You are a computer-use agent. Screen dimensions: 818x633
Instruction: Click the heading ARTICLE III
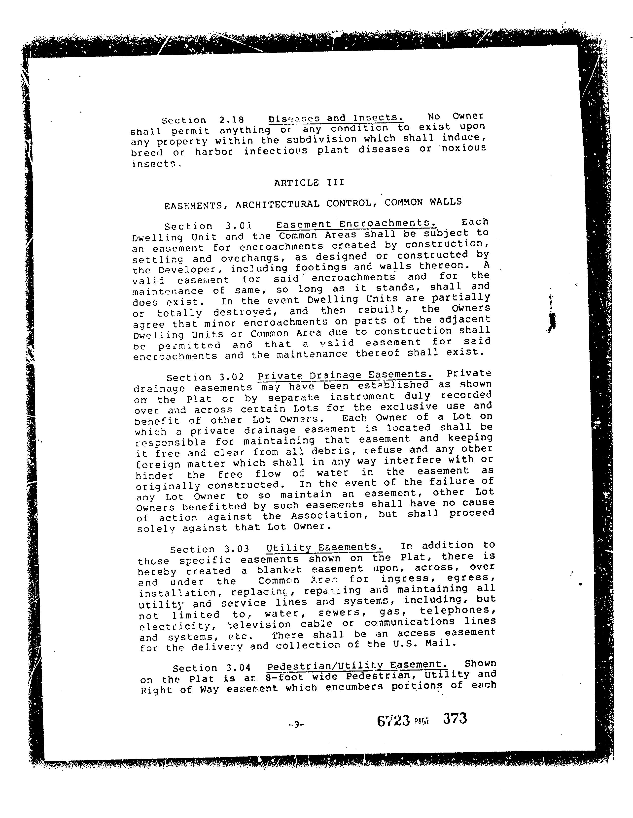[309, 183]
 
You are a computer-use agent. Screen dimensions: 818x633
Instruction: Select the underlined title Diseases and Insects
[336, 118]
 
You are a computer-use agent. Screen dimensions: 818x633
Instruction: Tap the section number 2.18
[231, 120]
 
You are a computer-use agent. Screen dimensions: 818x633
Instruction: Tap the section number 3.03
[237, 549]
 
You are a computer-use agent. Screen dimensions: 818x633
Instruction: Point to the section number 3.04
[238, 668]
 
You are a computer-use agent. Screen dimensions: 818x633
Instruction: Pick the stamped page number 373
[455, 718]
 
